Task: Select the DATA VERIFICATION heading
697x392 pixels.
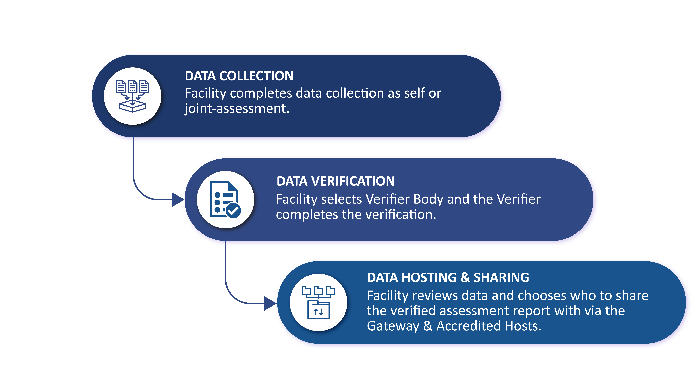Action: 335,181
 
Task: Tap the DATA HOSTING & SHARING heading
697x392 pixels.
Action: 448,278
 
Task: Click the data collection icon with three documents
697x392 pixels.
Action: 133,96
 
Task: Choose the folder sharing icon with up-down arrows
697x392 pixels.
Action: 318,302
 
